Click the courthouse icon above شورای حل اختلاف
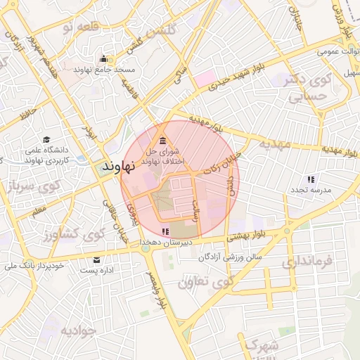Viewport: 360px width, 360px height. (x=163, y=137)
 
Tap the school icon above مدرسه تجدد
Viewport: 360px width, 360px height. (x=311, y=179)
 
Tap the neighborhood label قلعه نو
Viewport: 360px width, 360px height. (x=77, y=27)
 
